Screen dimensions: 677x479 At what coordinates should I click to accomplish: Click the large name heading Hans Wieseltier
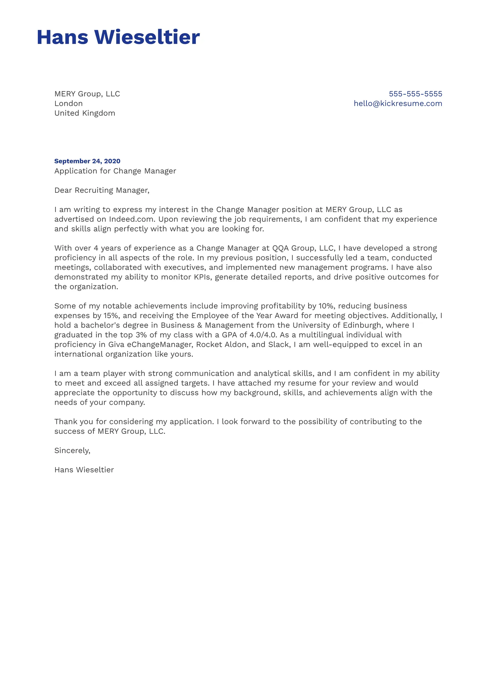pos(118,37)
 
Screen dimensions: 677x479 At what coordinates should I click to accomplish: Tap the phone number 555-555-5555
pos(415,94)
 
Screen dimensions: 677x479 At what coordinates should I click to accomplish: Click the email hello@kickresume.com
pos(398,104)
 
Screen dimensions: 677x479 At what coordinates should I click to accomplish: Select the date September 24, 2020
pos(87,161)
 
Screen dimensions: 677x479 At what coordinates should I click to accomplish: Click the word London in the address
pos(69,104)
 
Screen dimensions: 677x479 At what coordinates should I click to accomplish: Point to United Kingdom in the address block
pos(85,113)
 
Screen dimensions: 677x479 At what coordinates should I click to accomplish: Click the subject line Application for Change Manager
pos(115,171)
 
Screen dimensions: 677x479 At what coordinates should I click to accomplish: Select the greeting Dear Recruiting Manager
pos(102,190)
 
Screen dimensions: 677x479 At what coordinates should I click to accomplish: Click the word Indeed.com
pos(131,219)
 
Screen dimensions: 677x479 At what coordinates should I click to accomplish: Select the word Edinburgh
pos(363,325)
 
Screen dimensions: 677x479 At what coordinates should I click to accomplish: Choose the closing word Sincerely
pos(72,451)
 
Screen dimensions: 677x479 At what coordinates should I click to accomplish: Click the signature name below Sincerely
pos(84,470)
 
